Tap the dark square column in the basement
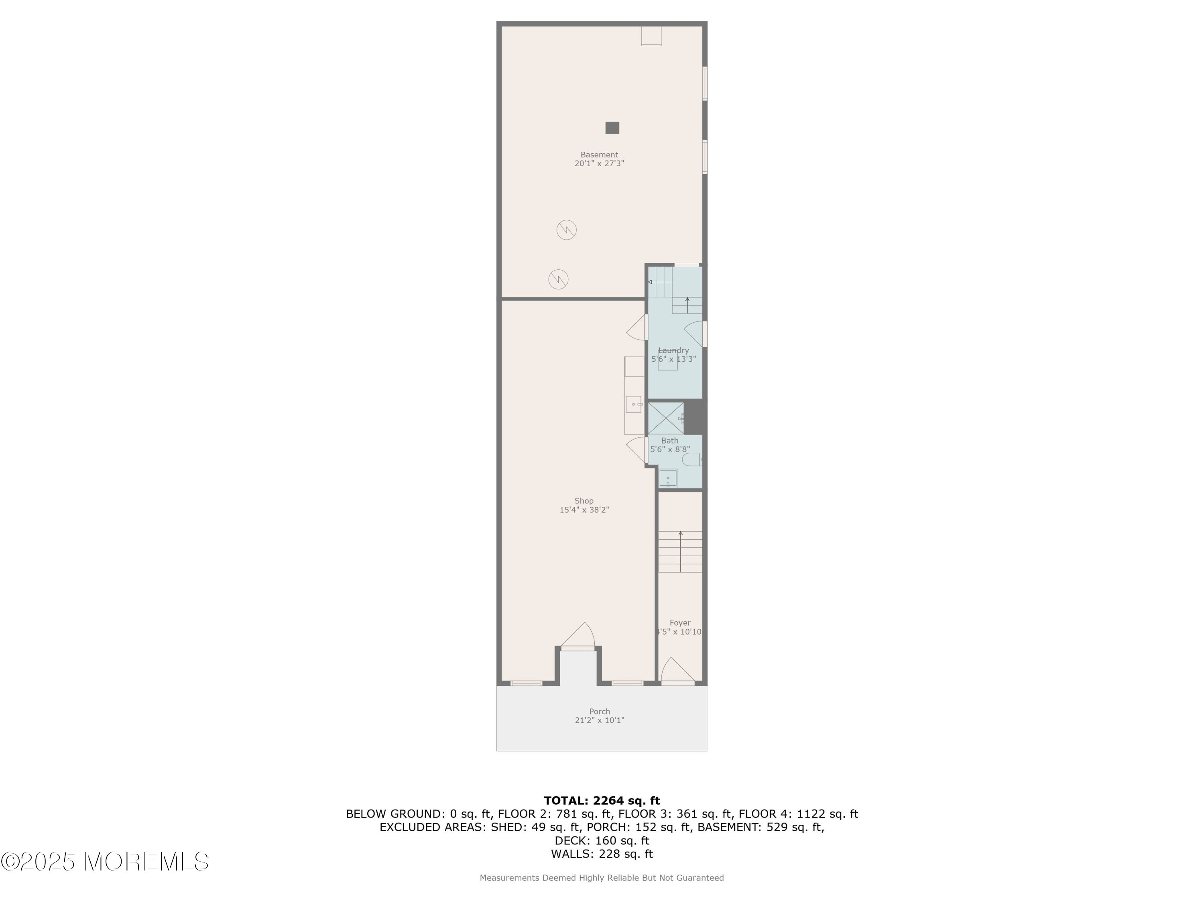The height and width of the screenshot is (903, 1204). (x=612, y=128)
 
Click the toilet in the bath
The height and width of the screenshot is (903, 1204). (x=692, y=460)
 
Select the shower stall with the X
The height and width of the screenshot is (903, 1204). (x=666, y=418)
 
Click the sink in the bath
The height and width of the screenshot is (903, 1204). (x=668, y=478)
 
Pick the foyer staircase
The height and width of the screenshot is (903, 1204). (x=680, y=551)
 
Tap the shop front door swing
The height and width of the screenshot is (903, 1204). (x=578, y=635)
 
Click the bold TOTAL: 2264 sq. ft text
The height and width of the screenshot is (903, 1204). (x=602, y=801)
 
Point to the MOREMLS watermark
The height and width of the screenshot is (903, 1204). (x=104, y=862)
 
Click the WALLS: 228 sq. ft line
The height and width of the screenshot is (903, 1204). (x=602, y=854)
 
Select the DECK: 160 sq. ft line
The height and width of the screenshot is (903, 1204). (x=602, y=841)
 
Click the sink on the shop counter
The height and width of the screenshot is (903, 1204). (x=634, y=405)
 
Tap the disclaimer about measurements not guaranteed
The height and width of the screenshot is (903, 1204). (x=602, y=877)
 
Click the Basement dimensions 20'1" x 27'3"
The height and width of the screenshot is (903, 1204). (x=599, y=163)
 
